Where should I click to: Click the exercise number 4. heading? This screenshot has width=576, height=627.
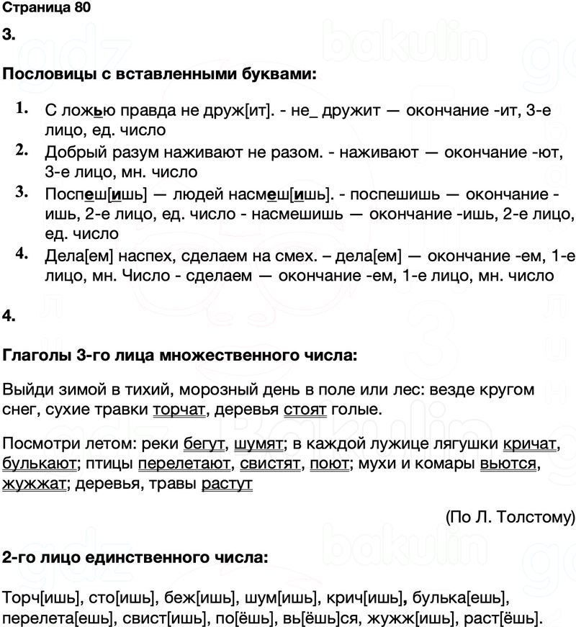click(x=8, y=315)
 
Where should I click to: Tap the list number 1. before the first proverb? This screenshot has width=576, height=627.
click(x=20, y=108)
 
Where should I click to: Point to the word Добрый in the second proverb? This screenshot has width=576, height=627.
click(x=70, y=152)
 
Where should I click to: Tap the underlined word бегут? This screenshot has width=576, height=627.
click(x=205, y=445)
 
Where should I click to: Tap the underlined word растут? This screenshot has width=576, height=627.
click(x=228, y=484)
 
